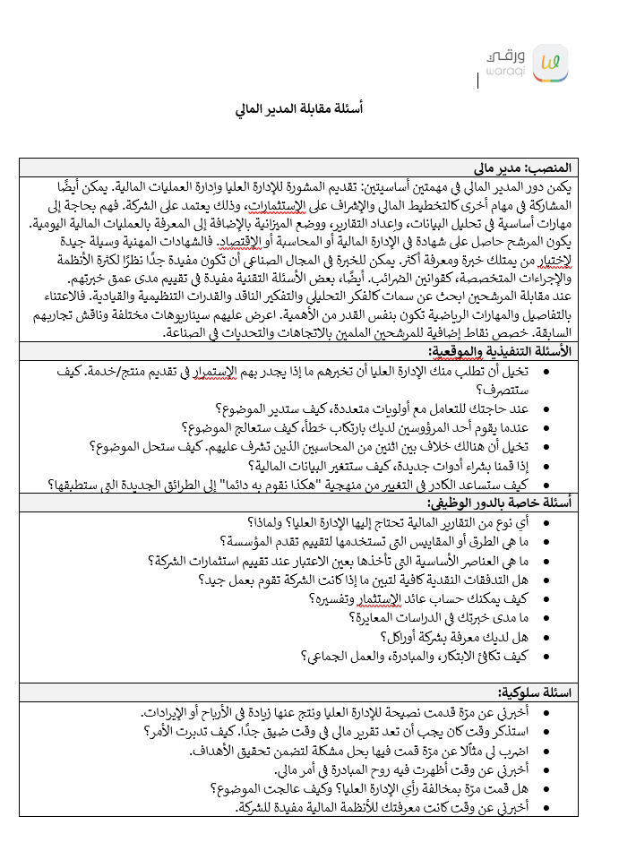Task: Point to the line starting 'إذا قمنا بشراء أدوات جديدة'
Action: click(x=399, y=466)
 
